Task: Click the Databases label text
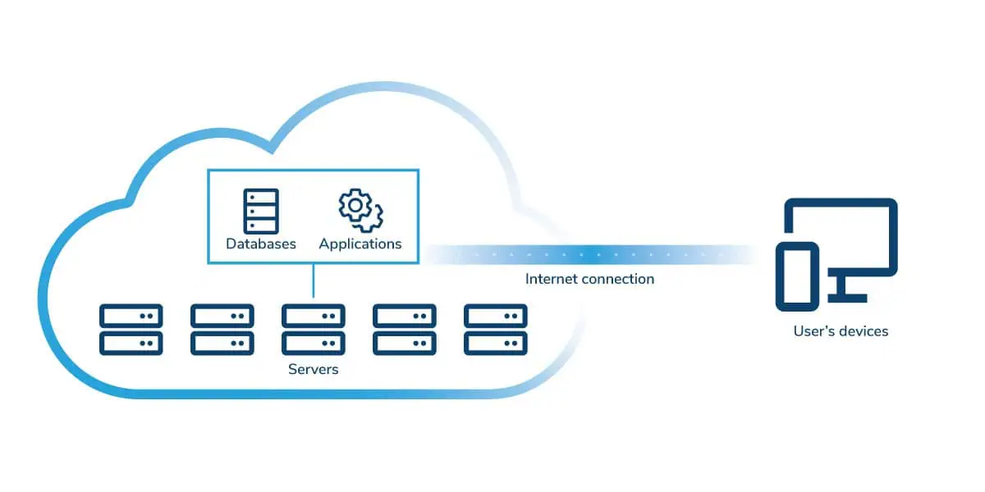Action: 261,244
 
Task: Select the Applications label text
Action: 360,244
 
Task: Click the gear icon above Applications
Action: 360,210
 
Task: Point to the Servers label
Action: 313,369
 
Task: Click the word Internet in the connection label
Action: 552,279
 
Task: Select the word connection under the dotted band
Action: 617,279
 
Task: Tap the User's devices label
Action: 841,331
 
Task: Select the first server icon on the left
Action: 131,330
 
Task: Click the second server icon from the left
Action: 222,330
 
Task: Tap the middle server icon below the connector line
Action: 314,330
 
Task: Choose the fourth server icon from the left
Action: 405,330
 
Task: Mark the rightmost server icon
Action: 496,330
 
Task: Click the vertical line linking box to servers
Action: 314,280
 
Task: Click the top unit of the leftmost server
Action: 131,316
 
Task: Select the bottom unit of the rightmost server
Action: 496,344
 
